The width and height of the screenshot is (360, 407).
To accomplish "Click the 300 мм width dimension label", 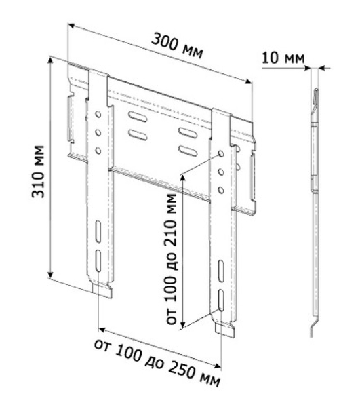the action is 177,46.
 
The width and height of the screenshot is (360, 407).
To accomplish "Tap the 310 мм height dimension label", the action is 38,172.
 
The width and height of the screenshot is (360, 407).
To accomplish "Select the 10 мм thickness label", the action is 283,58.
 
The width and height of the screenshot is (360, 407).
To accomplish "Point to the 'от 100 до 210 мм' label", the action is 171,259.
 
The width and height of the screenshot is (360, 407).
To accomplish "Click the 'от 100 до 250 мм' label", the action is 157,364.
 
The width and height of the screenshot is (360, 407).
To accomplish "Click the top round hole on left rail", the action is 98,114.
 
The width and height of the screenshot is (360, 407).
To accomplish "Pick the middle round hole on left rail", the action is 98,133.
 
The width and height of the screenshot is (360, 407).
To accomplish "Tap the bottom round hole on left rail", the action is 98,151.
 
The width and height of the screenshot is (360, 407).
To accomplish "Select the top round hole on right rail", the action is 221,153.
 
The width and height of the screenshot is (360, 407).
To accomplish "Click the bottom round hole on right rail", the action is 221,190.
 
